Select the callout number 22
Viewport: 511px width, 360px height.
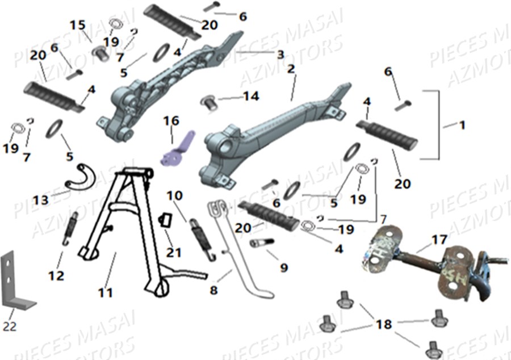click(x=10, y=327)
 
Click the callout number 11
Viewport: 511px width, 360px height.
click(x=105, y=293)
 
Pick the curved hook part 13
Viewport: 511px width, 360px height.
click(x=81, y=174)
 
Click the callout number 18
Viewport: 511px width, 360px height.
click(x=384, y=324)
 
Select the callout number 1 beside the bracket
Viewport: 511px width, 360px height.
click(x=462, y=125)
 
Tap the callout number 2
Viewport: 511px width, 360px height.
click(x=291, y=69)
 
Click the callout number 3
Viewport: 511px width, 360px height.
click(x=280, y=55)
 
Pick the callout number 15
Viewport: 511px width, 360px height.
click(x=77, y=26)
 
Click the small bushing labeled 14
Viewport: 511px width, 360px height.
click(x=208, y=102)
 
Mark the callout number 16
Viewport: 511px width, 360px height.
click(x=171, y=120)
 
